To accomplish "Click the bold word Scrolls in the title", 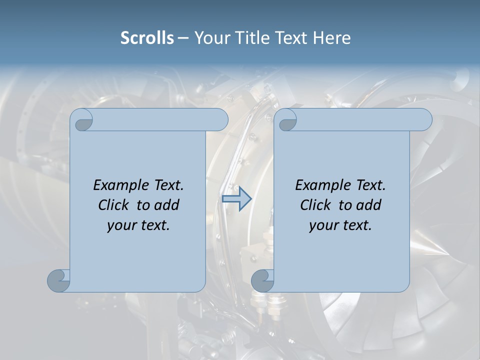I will (147, 38).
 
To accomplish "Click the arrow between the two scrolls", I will (236, 199).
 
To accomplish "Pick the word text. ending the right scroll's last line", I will (356, 225).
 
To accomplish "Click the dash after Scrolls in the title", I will (183, 38).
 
